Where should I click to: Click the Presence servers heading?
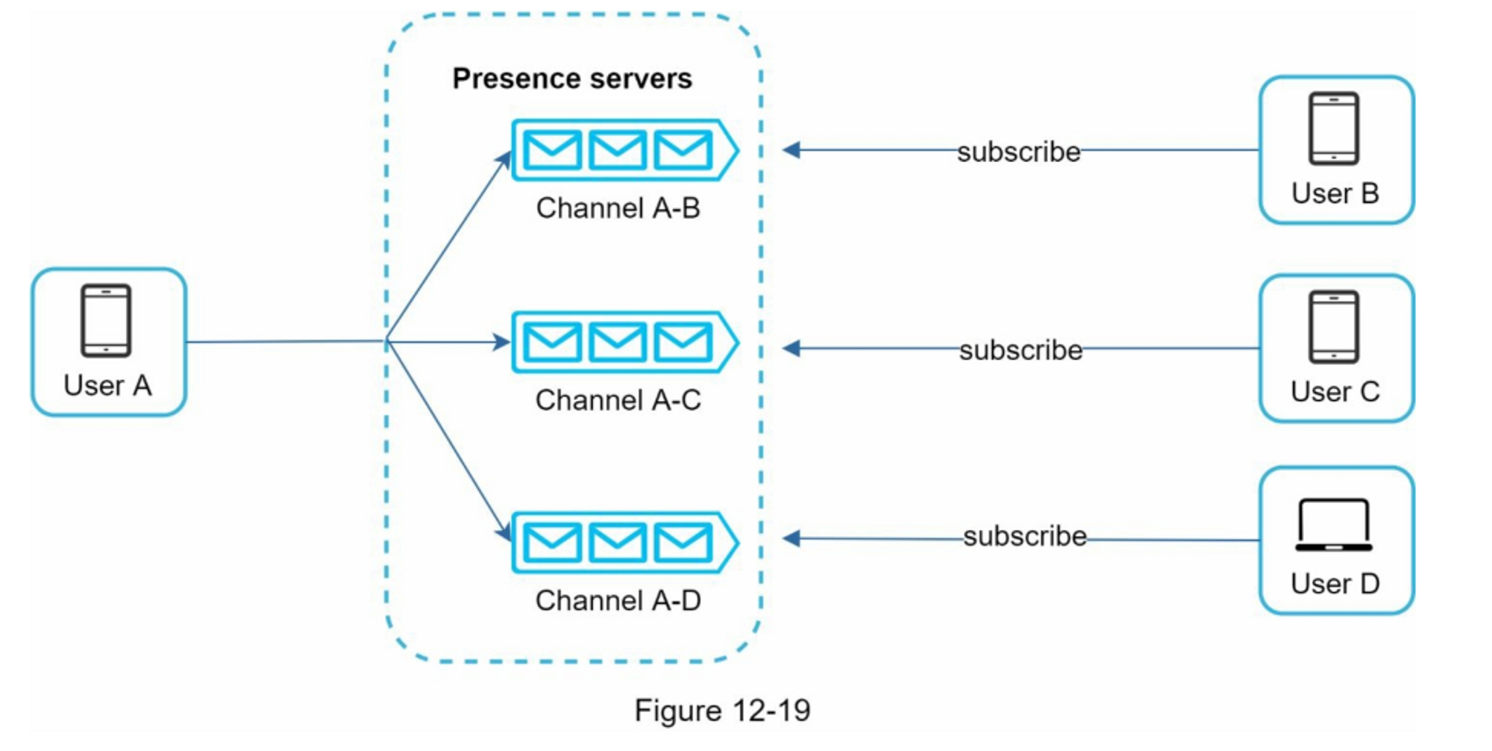[572, 78]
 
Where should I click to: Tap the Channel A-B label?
[618, 208]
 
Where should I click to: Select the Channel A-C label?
[618, 400]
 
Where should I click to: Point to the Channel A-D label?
[618, 600]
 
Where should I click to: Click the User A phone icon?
[106, 320]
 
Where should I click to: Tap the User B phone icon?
[1334, 128]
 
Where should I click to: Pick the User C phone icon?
[1334, 327]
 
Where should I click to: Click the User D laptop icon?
[1334, 526]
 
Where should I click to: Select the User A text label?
[107, 385]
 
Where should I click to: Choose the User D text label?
[1335, 584]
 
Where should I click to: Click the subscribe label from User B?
[1019, 152]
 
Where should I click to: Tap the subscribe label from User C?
[1021, 350]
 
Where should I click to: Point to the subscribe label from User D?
[1024, 536]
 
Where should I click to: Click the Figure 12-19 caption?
[722, 710]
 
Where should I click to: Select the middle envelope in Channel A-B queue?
[618, 150]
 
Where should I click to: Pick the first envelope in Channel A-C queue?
[552, 343]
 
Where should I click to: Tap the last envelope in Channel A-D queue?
[683, 543]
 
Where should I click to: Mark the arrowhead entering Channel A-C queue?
[501, 343]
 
